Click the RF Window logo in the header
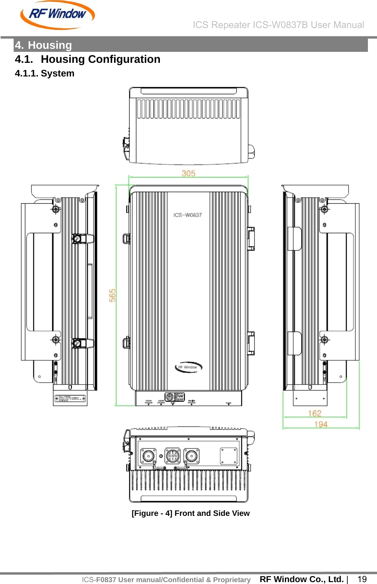coord(57,15)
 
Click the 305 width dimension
coord(188,173)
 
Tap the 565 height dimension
coord(113,295)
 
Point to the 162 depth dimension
coord(314,413)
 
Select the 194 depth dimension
coord(321,424)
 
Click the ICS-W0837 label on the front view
coord(188,215)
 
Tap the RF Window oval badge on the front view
coord(188,367)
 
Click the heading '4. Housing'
coord(44,45)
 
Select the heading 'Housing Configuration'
coord(100,59)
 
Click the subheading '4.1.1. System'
coord(45,73)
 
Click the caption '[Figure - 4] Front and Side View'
coord(191,513)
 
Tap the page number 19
coord(362,579)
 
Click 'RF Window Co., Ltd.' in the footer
coord(302,579)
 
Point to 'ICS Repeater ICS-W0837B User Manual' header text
coord(278,25)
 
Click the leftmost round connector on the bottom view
coord(148,456)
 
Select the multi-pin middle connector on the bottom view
coord(173,456)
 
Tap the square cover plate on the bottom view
coord(229,456)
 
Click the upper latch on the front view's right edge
coord(251,238)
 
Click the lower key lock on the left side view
coord(77,343)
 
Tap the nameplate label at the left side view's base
coord(70,399)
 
